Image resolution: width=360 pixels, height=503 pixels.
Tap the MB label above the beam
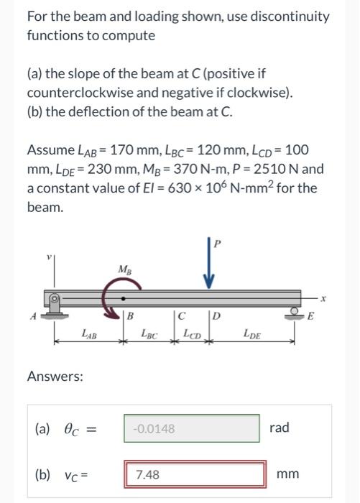tap(125, 271)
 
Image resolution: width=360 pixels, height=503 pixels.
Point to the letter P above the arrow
tap(217, 244)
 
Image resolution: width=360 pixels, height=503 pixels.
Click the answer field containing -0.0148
tap(192, 429)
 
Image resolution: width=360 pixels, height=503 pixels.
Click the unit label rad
tap(280, 428)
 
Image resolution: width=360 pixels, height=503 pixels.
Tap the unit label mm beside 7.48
tap(288, 474)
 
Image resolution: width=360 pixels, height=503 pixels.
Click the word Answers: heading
tap(55, 376)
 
